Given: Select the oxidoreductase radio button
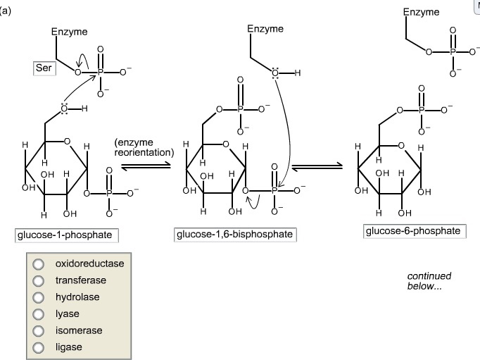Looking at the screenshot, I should coord(39,263).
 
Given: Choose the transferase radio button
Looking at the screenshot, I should coord(39,280).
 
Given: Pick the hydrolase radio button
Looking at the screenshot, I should coord(39,297).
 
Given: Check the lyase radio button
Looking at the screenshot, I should coord(39,314).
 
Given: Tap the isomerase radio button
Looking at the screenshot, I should coord(39,331).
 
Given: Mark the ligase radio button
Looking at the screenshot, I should coord(39,347).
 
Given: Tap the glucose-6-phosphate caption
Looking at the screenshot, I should coord(415,231).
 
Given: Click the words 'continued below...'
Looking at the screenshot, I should coord(429,281).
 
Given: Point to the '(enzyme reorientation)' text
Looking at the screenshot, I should coord(144,147).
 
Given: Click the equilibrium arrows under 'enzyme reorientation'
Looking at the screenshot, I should coord(146,166).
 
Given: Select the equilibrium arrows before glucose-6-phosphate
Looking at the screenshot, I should coord(317,166).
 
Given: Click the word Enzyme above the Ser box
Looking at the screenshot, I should coord(69,32).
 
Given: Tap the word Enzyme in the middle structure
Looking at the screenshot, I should coord(265,29).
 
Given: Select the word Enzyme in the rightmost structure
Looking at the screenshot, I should coord(421,12).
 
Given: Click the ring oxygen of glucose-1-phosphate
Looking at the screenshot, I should coord(67,142).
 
